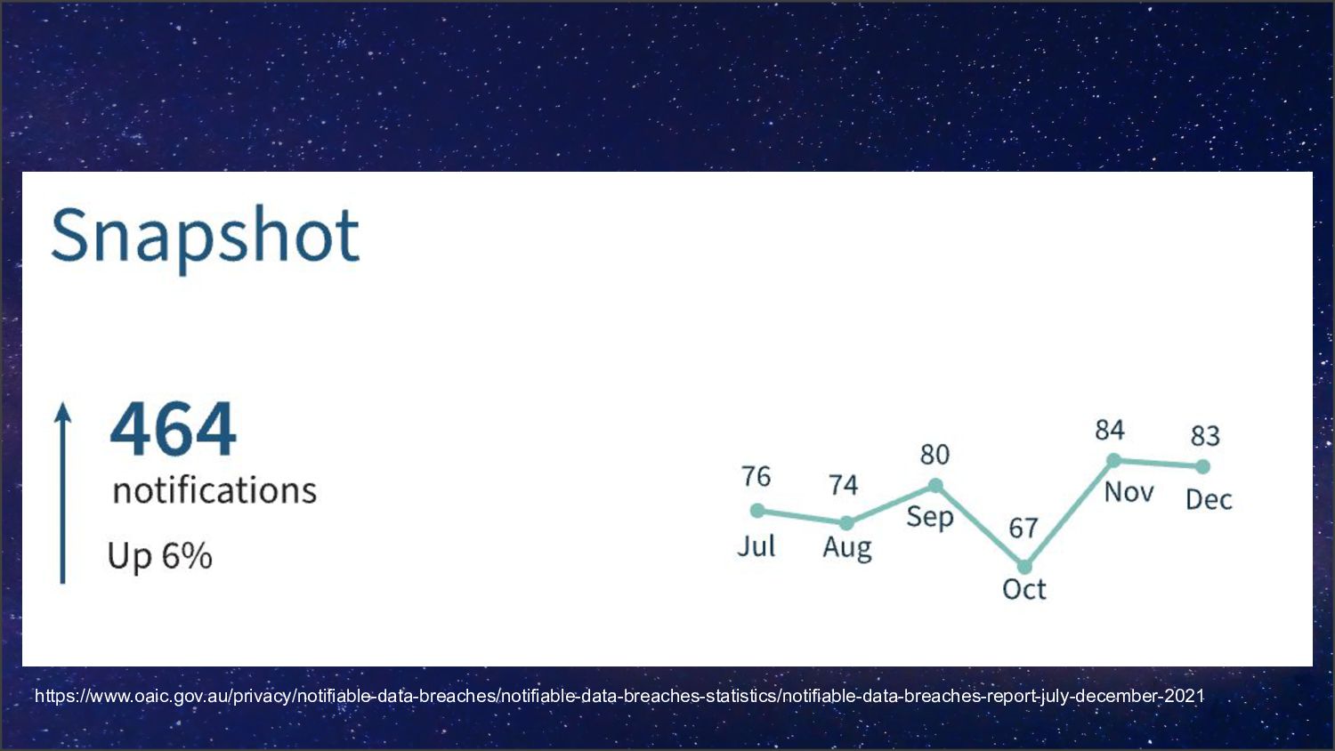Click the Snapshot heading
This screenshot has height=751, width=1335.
tap(205, 236)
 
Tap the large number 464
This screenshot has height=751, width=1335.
tap(174, 430)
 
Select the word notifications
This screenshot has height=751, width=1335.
tap(214, 490)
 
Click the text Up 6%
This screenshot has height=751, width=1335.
tap(160, 556)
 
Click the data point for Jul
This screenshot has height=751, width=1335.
tap(757, 511)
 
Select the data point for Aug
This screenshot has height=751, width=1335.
tap(846, 523)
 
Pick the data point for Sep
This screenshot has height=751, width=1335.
tap(935, 486)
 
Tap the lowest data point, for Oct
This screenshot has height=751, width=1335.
tap(1024, 567)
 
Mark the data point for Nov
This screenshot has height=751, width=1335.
tap(1113, 460)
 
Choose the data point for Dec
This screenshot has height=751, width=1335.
tap(1202, 466)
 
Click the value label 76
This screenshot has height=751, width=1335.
tap(756, 477)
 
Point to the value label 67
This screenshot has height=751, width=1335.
tap(1023, 529)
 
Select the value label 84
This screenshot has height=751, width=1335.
tap(1110, 431)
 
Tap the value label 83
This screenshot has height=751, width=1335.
tap(1205, 436)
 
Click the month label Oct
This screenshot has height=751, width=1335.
tap(1024, 589)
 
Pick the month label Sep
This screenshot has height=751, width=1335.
tap(930, 517)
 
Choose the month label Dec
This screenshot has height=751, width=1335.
tap(1209, 499)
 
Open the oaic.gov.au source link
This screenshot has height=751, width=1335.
tap(619, 696)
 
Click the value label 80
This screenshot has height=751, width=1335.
tap(934, 455)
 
